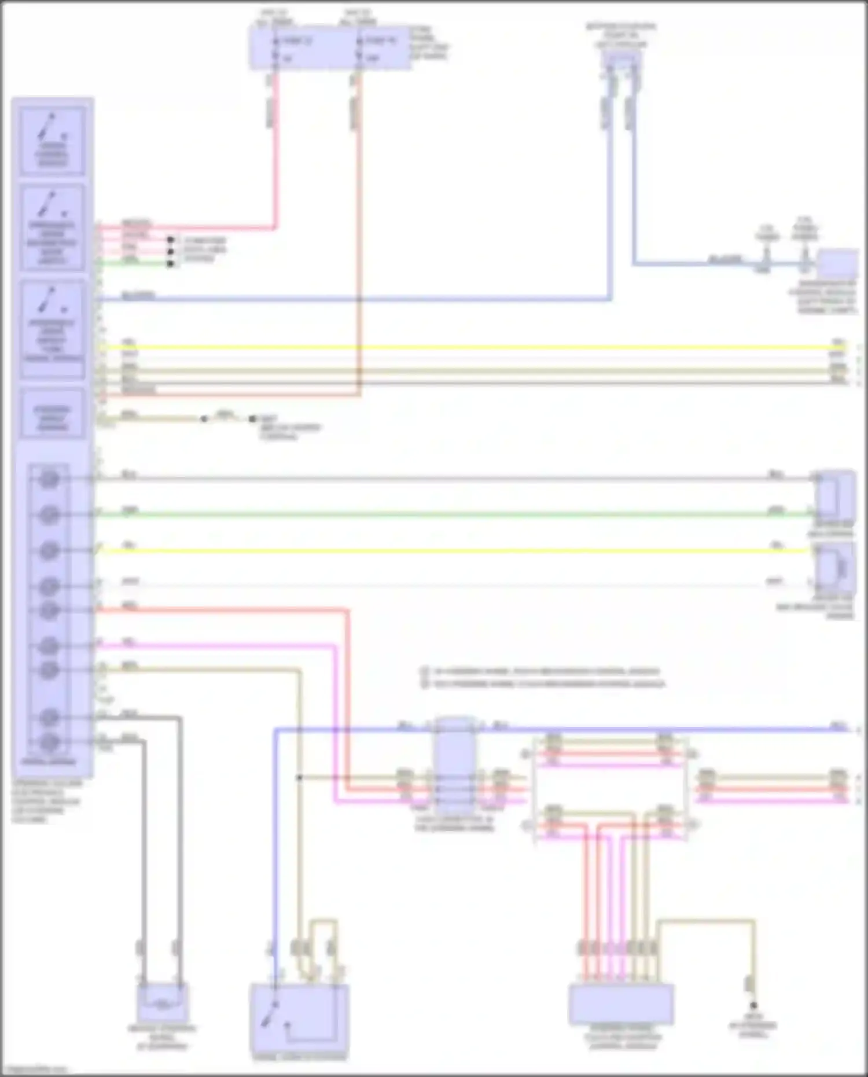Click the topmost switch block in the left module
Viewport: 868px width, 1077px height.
coord(53,140)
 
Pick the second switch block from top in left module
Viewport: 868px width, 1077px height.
coord(53,227)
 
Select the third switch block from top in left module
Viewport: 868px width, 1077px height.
coord(53,329)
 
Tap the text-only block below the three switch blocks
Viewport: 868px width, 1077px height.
coord(53,414)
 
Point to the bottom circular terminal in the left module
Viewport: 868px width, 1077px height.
coord(50,741)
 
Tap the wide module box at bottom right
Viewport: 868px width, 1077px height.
coord(621,1005)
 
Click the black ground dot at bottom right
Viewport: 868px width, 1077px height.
coord(753,1006)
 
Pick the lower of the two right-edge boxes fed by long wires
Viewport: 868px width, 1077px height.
coord(835,567)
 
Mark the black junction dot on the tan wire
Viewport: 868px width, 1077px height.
coord(299,778)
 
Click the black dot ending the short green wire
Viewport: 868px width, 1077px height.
coord(170,264)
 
